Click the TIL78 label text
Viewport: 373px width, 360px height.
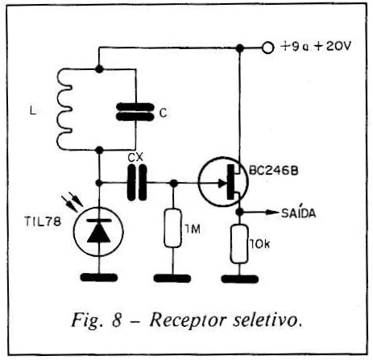click(x=43, y=221)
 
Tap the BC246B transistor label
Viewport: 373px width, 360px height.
click(x=274, y=171)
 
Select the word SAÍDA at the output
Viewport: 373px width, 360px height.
click(x=298, y=213)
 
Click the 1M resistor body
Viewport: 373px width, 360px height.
click(x=172, y=228)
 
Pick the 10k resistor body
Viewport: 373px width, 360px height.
click(x=238, y=244)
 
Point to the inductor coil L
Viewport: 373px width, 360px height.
click(x=64, y=110)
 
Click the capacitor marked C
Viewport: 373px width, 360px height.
click(x=135, y=111)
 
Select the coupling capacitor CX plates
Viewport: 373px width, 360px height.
click(x=137, y=183)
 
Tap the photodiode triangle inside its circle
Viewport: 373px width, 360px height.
click(x=99, y=234)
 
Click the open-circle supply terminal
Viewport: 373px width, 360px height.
click(x=267, y=48)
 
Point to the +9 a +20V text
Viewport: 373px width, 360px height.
click(x=316, y=47)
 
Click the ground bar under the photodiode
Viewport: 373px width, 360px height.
click(x=99, y=277)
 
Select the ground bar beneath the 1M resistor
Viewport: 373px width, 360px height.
click(x=172, y=278)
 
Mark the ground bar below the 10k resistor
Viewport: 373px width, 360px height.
click(x=239, y=279)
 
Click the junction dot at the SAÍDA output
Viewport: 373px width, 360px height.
click(x=239, y=212)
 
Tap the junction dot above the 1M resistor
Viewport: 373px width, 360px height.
click(x=174, y=183)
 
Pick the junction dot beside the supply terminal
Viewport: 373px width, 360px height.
click(x=240, y=48)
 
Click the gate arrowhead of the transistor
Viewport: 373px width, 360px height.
click(x=223, y=184)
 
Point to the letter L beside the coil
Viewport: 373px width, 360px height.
click(x=33, y=111)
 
